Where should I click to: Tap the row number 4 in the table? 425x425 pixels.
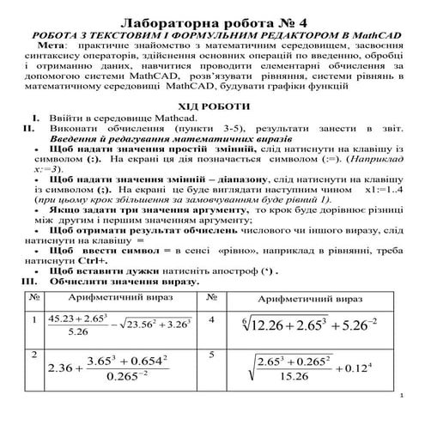(x=211, y=319)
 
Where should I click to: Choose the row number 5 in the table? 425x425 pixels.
(x=211, y=354)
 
